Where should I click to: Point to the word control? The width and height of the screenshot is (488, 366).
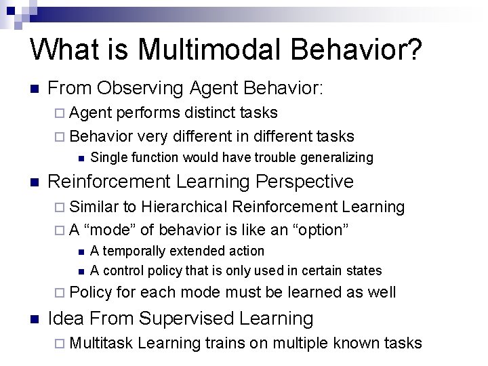(x=121, y=271)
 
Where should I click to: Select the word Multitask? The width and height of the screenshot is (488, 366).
(x=100, y=343)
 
